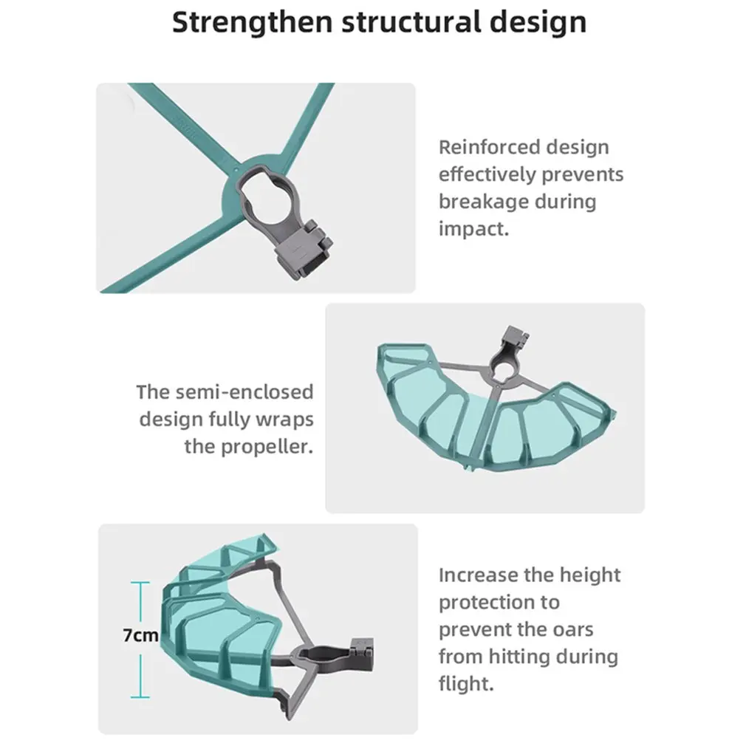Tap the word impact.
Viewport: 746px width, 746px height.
pos(473,228)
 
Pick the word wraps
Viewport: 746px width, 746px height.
pos(285,419)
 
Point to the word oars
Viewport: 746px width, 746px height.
pos(571,629)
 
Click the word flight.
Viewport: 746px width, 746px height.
pos(465,684)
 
